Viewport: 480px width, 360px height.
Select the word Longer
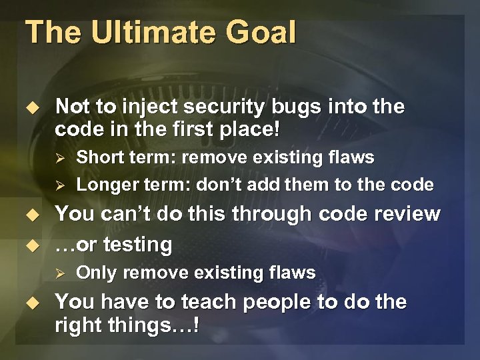(106, 184)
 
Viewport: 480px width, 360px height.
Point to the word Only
(95, 273)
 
